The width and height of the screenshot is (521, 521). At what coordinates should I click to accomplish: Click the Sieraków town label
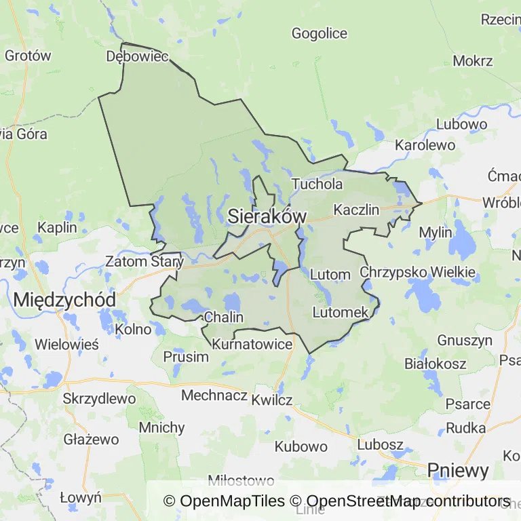267,216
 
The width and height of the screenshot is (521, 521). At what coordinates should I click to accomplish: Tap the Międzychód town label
64,298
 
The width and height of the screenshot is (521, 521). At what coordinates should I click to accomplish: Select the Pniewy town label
458,471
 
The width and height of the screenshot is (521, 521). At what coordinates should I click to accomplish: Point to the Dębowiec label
137,56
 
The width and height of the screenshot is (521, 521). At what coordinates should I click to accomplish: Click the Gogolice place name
319,33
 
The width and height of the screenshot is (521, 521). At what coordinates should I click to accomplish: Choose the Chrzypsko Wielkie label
418,272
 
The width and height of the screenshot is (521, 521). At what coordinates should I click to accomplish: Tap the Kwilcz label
271,400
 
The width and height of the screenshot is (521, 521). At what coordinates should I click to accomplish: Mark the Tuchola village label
317,184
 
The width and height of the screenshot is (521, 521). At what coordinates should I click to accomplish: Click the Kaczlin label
357,210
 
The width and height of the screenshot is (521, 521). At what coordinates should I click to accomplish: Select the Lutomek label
341,312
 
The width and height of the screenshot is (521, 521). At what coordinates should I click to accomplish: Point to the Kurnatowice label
252,345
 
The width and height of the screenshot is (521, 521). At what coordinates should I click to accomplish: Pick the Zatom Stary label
144,261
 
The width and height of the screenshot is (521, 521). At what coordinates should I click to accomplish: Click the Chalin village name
223,317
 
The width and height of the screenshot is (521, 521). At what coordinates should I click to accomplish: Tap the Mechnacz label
214,395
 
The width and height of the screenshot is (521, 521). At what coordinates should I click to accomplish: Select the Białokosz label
435,364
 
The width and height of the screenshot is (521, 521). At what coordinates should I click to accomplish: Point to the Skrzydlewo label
99,398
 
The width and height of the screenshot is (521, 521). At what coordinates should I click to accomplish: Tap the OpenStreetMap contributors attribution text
400,501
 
